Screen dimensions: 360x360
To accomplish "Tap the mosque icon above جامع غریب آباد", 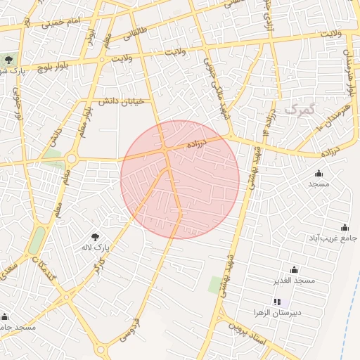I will point(345,227).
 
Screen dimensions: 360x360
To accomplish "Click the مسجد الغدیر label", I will point(295,281).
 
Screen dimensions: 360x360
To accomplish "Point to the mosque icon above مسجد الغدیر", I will point(294,270).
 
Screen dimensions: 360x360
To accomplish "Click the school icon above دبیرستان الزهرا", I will point(276,302).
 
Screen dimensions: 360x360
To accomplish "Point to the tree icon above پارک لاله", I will point(96,237).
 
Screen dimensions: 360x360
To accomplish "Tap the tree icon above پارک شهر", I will point(9,60).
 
